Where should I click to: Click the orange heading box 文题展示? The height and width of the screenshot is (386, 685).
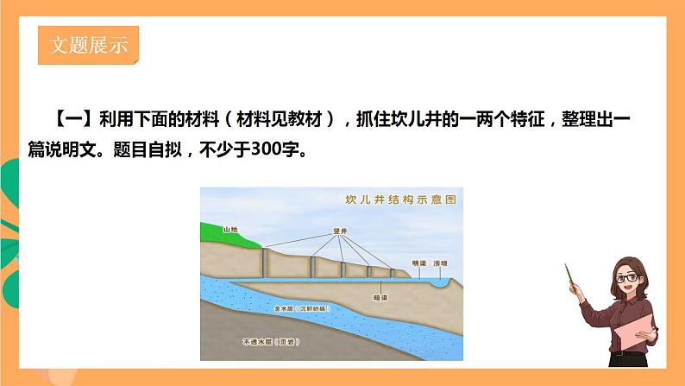(x=89, y=46)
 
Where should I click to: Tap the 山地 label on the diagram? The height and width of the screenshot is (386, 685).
(x=229, y=230)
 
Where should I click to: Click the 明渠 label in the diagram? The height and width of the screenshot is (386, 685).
(x=419, y=263)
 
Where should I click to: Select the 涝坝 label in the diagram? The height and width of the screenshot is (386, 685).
(x=441, y=263)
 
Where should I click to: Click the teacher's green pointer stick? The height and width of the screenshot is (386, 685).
(x=570, y=278)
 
